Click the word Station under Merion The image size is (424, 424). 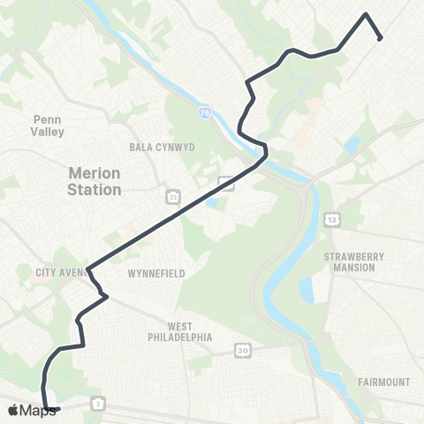[x=94, y=190]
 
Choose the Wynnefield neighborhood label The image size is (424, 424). [x=156, y=274]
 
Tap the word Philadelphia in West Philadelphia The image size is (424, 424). [x=180, y=337]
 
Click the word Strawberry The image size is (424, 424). [x=355, y=256]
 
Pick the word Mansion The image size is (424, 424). [x=355, y=268]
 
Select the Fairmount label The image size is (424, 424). [x=385, y=382]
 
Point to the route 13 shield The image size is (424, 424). [x=331, y=218]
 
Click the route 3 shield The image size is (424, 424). [x=96, y=404]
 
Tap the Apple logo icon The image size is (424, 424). [x=13, y=410]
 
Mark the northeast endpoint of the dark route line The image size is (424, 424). [x=380, y=38]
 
